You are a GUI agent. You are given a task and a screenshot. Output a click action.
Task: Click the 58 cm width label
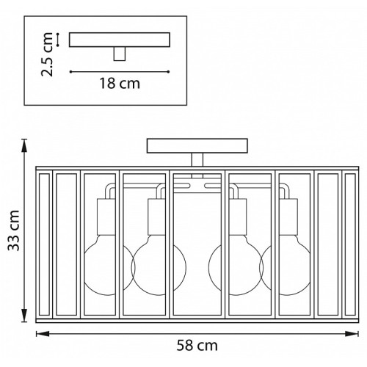[x=197, y=346]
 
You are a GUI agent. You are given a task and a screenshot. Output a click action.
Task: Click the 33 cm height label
[x=14, y=230]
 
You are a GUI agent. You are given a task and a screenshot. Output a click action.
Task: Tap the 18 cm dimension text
[x=120, y=84]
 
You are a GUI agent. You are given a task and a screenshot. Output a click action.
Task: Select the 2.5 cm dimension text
[x=47, y=54]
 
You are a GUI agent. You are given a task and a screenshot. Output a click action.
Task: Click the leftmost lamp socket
[x=106, y=217]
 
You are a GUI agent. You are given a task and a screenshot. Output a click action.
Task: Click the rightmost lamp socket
[x=288, y=217]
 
